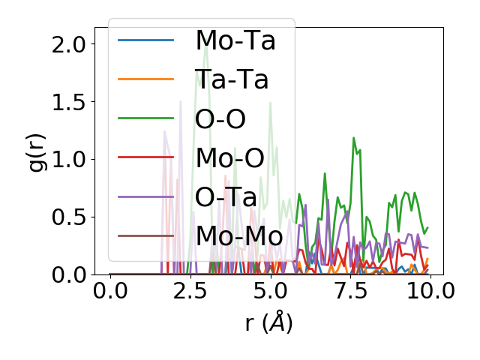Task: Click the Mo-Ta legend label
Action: tap(235, 40)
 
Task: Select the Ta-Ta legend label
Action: tap(232, 79)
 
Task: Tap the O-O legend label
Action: tap(220, 118)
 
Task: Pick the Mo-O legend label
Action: tap(229, 157)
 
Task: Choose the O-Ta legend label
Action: tap(226, 196)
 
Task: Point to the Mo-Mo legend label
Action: tap(239, 235)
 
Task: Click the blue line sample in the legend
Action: tap(145, 40)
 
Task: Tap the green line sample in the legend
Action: tap(145, 118)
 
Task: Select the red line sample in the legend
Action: tap(145, 157)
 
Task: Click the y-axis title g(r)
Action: tap(37, 151)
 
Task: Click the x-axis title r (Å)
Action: tap(268, 323)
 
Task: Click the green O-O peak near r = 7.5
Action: tap(353, 138)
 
